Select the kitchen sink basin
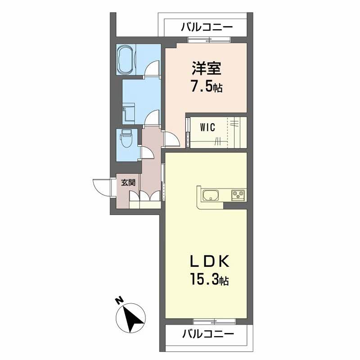point(210,196)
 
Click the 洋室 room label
point(206,69)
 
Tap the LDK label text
point(207,261)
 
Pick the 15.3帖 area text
point(207,280)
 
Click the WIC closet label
point(207,127)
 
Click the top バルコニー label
point(207,27)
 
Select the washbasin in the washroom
point(129,113)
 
